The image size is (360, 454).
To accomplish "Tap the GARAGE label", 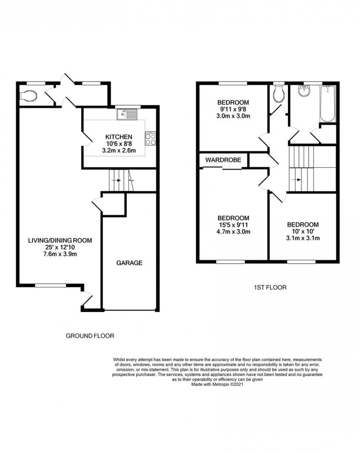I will click(x=129, y=263).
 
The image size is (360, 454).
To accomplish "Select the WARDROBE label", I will click(x=223, y=160).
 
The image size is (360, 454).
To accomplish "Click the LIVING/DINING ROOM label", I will click(x=60, y=240).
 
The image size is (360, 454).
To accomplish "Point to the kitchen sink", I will click(x=126, y=115).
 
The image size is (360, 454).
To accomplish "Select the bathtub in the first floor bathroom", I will click(x=327, y=104).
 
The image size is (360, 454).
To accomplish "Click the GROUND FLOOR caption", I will click(x=90, y=335).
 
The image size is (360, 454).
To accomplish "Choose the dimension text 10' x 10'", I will click(x=303, y=231).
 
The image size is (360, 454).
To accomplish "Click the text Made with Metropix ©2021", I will click(x=217, y=385).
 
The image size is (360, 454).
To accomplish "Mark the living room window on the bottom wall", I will click(x=50, y=285).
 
